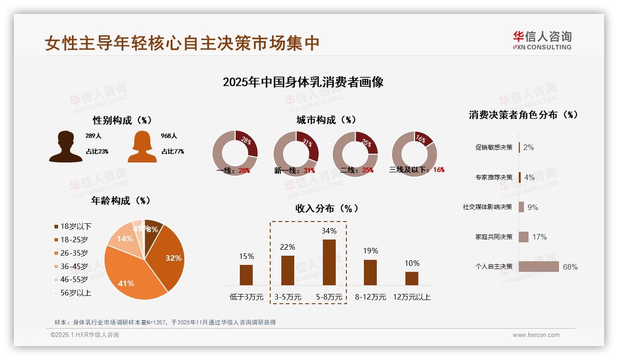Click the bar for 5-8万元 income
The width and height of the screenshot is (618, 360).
(x=329, y=262)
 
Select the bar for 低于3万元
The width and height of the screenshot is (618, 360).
(x=246, y=275)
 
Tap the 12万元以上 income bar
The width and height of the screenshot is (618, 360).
(x=412, y=278)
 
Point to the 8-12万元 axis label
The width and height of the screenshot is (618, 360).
(x=370, y=297)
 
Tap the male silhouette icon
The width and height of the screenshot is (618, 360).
(x=65, y=147)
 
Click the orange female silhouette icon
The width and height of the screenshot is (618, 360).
(x=142, y=147)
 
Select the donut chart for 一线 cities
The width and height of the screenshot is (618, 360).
(x=235, y=153)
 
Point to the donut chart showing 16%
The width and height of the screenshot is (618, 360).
(x=414, y=153)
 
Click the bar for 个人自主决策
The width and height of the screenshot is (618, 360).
(x=539, y=267)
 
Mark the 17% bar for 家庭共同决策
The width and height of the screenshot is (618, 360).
(x=523, y=237)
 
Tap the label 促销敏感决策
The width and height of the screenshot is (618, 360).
(x=494, y=148)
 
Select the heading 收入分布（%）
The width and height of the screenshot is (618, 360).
(x=327, y=209)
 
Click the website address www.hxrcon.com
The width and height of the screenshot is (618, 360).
(x=536, y=335)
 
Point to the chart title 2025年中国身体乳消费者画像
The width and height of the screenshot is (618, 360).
(x=303, y=83)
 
